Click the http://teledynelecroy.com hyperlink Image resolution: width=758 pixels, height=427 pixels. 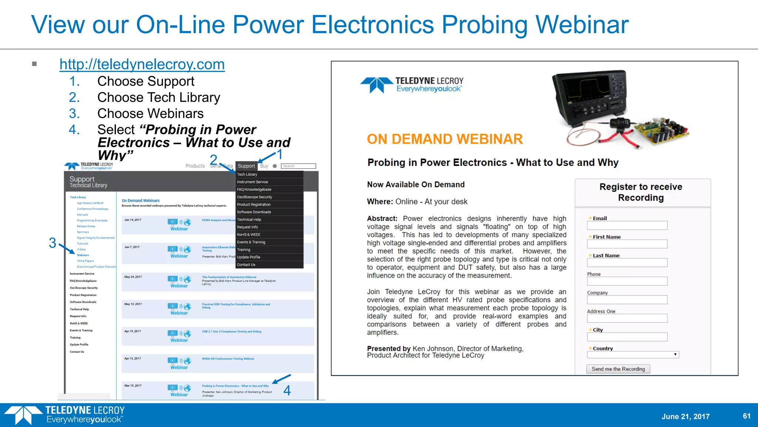pyautogui.click(x=142, y=64)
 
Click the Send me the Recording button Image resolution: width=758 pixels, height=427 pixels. pyautogui.click(x=618, y=369)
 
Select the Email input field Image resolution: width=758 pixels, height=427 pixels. pyautogui.click(x=627, y=225)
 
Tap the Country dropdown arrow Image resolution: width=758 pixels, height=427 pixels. pyautogui.click(x=675, y=355)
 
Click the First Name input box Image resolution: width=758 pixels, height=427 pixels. pyautogui.click(x=627, y=244)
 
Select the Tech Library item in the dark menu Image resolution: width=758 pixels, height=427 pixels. pyautogui.click(x=247, y=174)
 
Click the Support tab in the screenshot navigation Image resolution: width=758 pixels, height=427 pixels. pyautogui.click(x=246, y=166)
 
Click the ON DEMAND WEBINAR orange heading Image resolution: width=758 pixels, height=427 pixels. pyautogui.click(x=445, y=139)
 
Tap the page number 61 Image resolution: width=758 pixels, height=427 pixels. pyautogui.click(x=747, y=416)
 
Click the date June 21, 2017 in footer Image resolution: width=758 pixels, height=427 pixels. pyautogui.click(x=685, y=416)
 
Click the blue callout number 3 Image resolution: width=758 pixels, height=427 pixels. pyautogui.click(x=53, y=243)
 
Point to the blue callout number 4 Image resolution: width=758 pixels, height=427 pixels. pyautogui.click(x=287, y=390)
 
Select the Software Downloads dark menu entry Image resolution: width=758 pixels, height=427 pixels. pyautogui.click(x=254, y=212)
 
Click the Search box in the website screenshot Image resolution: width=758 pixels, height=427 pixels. pyautogui.click(x=298, y=166)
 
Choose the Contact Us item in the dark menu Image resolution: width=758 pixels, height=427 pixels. pyautogui.click(x=246, y=265)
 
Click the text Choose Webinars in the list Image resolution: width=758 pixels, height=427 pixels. pyautogui.click(x=150, y=113)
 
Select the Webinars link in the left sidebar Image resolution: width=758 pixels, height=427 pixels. pyautogui.click(x=83, y=255)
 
